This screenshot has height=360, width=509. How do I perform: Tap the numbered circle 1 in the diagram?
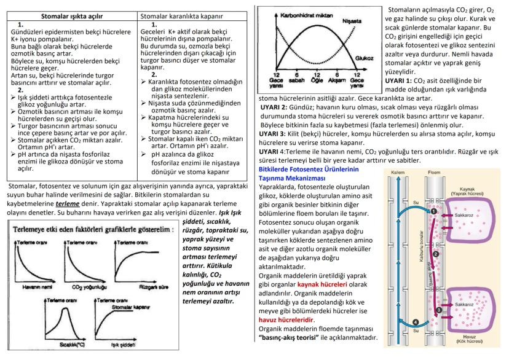(x=433, y=211)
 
